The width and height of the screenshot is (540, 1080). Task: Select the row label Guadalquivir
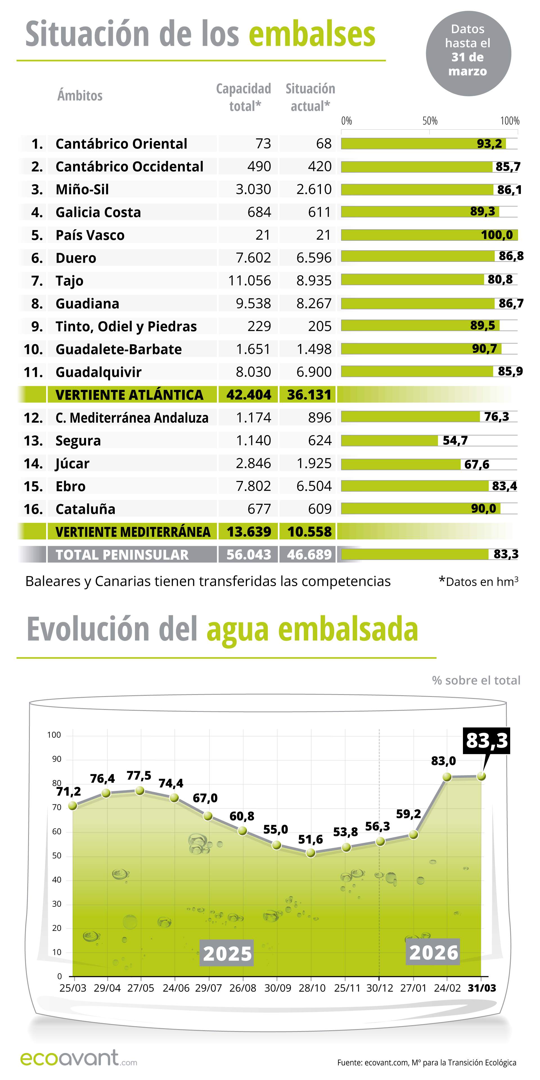pyautogui.click(x=98, y=372)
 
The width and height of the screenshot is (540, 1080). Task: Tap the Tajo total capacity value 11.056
pyautogui.click(x=249, y=280)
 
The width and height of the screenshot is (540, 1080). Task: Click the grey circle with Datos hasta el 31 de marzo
pyautogui.click(x=468, y=53)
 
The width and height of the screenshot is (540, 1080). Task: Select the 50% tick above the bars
pyautogui.click(x=430, y=121)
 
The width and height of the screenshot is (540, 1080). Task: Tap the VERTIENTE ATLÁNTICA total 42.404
pyautogui.click(x=249, y=395)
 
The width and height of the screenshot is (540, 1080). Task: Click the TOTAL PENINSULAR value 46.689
pyautogui.click(x=309, y=554)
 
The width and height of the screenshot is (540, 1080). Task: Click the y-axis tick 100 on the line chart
pyautogui.click(x=54, y=735)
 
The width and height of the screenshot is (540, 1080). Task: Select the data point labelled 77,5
pyautogui.click(x=140, y=790)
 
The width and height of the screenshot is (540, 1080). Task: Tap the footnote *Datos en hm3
pyautogui.click(x=478, y=582)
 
